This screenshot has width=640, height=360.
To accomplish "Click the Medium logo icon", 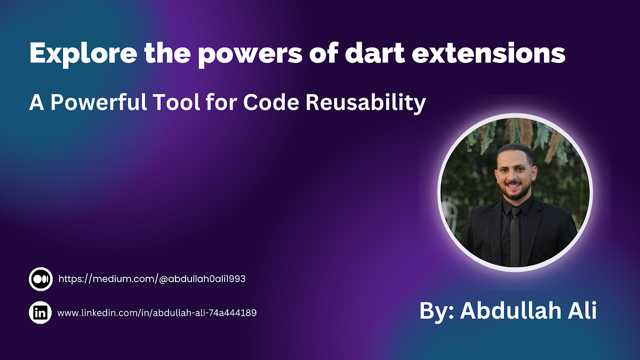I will tap(41, 279).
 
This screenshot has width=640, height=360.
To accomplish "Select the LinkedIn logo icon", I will tap(41, 313).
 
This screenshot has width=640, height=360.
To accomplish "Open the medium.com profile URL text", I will tap(151, 279).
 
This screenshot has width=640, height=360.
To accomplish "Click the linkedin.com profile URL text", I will tap(157, 313).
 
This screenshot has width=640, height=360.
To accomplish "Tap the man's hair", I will tap(514, 153).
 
